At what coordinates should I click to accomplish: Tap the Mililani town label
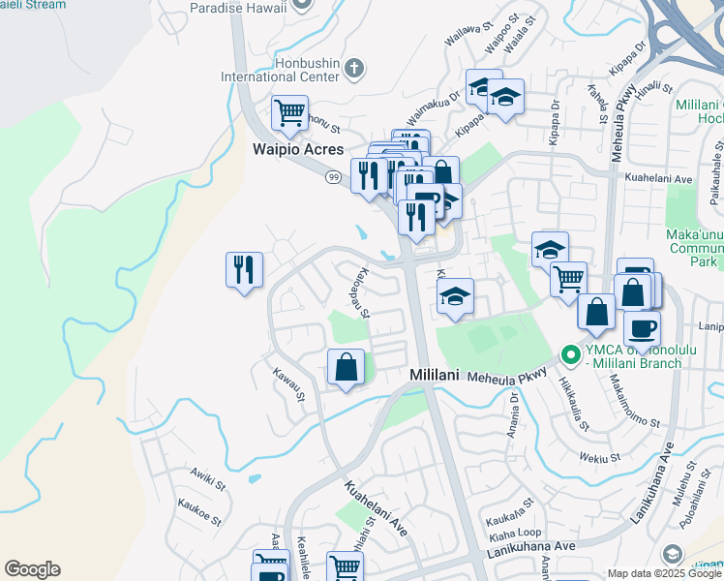point(440,374)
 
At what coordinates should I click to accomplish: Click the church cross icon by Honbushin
point(355,68)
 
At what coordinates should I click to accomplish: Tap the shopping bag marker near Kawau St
point(346,368)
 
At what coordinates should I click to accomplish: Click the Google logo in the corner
point(32,569)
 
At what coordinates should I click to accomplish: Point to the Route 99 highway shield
point(332,177)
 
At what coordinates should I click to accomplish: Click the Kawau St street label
point(288,384)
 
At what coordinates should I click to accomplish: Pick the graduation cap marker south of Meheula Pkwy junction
point(455,297)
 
